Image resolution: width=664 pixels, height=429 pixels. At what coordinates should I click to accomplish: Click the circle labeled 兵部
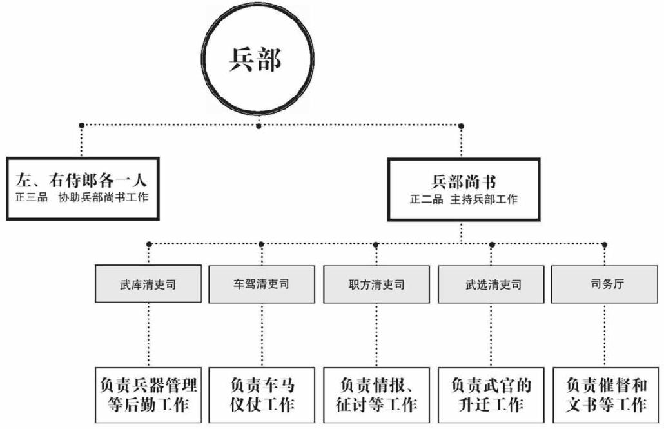(258, 61)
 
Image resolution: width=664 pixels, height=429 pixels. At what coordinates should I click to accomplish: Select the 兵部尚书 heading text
(464, 183)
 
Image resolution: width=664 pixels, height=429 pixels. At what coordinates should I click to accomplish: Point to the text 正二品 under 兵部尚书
(426, 199)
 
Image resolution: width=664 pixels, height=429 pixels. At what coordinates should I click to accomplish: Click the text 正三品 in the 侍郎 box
(32, 197)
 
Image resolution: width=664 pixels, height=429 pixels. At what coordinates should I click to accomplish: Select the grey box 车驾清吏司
(262, 284)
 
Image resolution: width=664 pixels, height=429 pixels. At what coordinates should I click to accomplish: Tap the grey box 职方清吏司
(376, 284)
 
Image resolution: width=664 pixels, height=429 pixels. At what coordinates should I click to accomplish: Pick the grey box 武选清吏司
(492, 284)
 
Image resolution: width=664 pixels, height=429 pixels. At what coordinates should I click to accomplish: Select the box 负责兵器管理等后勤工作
(148, 394)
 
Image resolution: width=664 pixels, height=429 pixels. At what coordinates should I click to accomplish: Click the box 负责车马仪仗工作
(262, 394)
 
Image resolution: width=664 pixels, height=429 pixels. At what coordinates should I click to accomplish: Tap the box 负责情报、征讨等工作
(376, 394)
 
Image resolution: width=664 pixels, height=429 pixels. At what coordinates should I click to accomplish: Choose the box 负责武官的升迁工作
(492, 394)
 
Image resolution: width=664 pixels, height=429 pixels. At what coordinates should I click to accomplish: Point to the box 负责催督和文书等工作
(606, 394)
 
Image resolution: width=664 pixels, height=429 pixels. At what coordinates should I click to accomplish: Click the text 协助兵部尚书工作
(103, 197)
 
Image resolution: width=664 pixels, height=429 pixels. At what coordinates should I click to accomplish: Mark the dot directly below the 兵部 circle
(259, 126)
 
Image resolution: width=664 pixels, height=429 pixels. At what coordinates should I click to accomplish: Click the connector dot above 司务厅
(604, 244)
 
